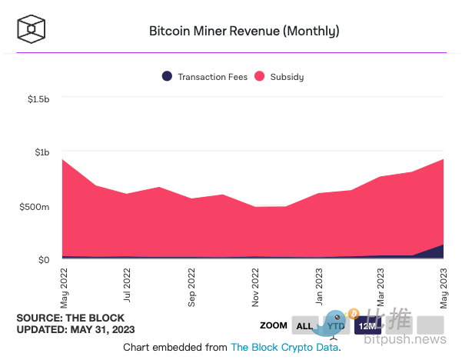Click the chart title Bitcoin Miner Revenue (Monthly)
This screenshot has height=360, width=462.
pyautogui.click(x=244, y=32)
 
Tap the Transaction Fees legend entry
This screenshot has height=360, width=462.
pyautogui.click(x=204, y=76)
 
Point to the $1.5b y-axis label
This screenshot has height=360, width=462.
pyautogui.click(x=38, y=99)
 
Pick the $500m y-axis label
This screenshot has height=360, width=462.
pyautogui.click(x=35, y=207)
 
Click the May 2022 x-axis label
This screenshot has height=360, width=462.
pyautogui.click(x=64, y=287)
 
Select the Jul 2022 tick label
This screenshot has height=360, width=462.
pyautogui.click(x=127, y=287)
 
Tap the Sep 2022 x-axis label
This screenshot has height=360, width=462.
pyautogui.click(x=191, y=287)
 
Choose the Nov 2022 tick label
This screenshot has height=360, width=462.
pyautogui.click(x=254, y=287)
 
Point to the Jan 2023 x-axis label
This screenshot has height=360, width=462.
pyautogui.click(x=318, y=287)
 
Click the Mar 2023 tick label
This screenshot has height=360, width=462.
pyautogui.click(x=381, y=287)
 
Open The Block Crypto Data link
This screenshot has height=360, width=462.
pyautogui.click(x=284, y=348)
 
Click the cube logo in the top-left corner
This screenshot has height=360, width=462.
pyautogui.click(x=32, y=29)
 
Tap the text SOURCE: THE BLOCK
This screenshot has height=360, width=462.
pyautogui.click(x=70, y=318)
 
